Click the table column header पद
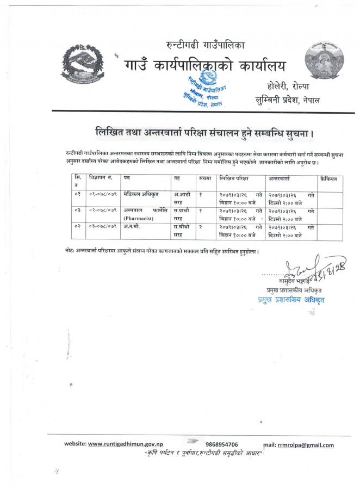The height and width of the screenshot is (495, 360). coord(126,178)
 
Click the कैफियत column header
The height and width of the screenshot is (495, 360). coord(330,178)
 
